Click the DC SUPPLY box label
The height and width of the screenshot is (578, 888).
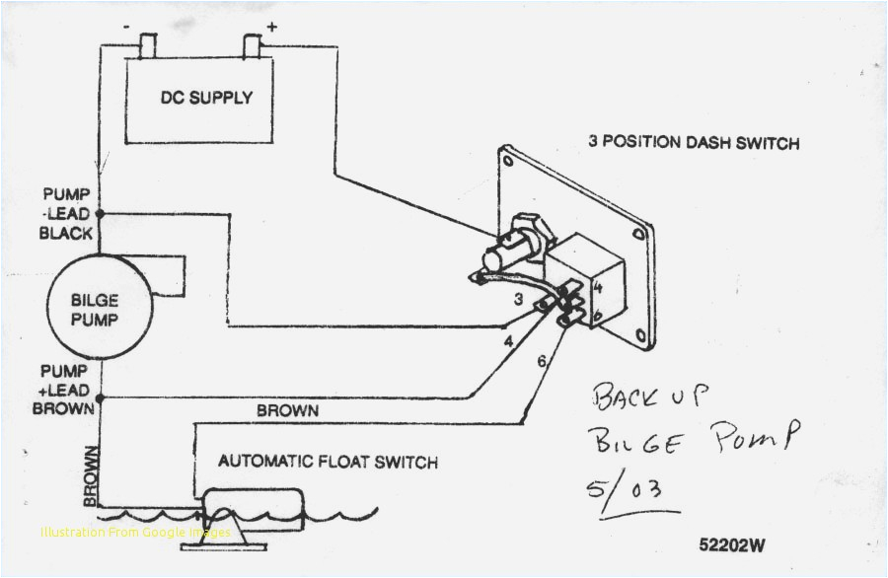coord(206,98)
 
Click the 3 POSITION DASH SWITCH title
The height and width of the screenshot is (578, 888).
coord(694,142)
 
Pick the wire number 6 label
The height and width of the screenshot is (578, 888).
coord(542,362)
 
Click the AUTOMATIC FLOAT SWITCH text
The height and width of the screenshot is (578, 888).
coord(328,462)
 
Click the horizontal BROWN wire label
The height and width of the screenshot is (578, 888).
coord(287,408)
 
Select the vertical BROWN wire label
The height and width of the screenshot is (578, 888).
coord(92,476)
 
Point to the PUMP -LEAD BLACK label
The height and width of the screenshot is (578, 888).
coord(66,213)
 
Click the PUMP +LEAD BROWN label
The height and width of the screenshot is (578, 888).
coord(65,389)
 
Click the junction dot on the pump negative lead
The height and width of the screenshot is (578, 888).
coord(100,213)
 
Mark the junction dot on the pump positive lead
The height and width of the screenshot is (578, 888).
coord(100,397)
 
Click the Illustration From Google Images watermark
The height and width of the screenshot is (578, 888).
coord(136,533)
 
